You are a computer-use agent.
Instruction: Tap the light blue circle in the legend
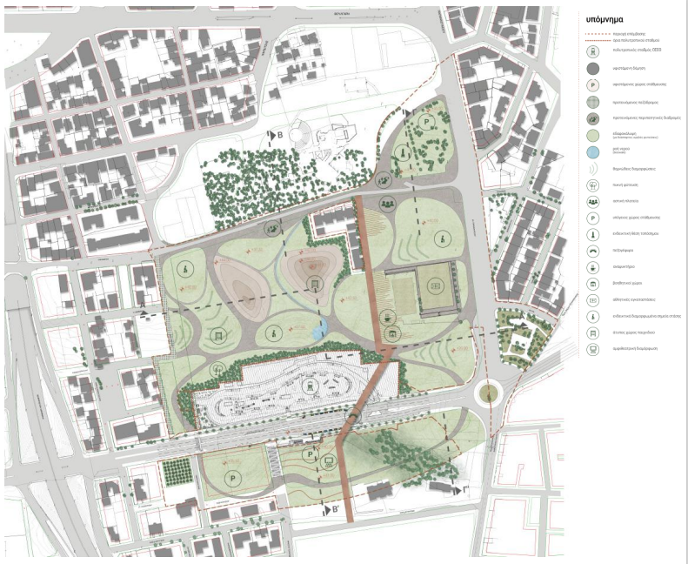pos(594,149)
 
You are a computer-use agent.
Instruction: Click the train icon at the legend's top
pos(594,51)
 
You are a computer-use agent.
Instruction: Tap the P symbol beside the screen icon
pos(310,454)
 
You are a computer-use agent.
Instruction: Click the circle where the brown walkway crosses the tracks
pos(351,419)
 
